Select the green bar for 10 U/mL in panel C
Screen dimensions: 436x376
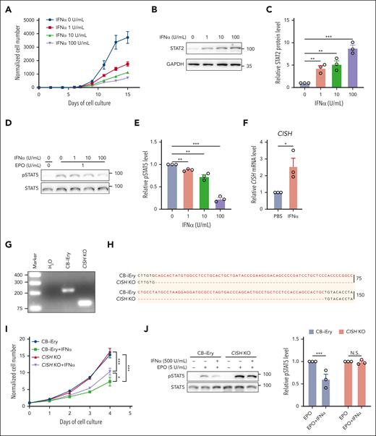(x=315, y=75)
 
